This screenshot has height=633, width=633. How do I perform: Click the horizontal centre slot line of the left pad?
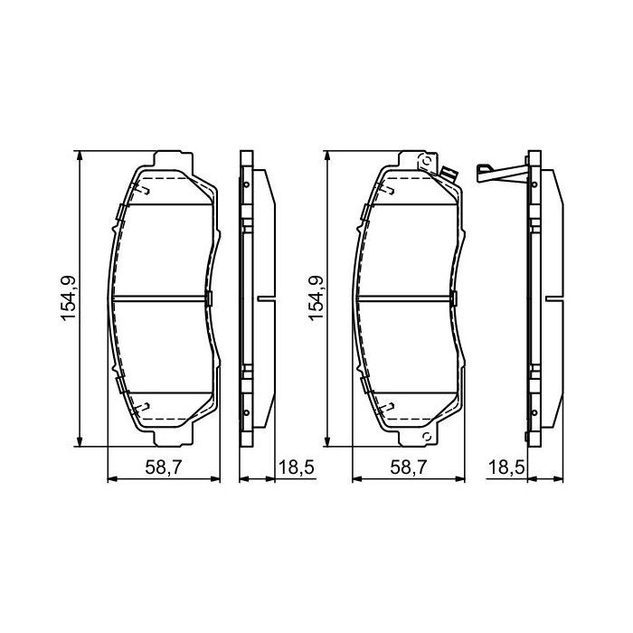point(163,299)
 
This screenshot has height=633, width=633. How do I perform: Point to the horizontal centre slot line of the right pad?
point(407,299)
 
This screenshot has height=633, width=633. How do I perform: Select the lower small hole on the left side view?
point(247,414)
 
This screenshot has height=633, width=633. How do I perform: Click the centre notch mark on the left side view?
point(265,299)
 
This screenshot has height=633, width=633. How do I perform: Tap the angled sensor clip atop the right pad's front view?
point(447,172)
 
